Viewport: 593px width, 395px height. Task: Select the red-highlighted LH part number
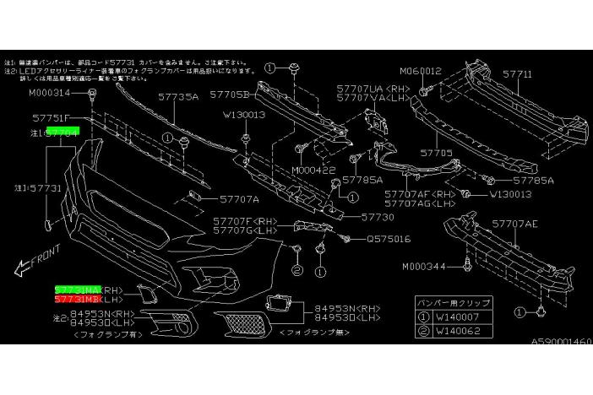tap(77, 299)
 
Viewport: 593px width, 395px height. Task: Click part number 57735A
tap(177, 97)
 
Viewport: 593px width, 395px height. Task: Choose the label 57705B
tap(230, 95)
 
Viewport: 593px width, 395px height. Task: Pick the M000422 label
tap(313, 170)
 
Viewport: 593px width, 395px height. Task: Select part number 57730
tap(378, 217)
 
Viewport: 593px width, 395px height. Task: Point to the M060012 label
tap(420, 72)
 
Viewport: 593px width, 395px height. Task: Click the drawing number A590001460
tap(560, 343)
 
